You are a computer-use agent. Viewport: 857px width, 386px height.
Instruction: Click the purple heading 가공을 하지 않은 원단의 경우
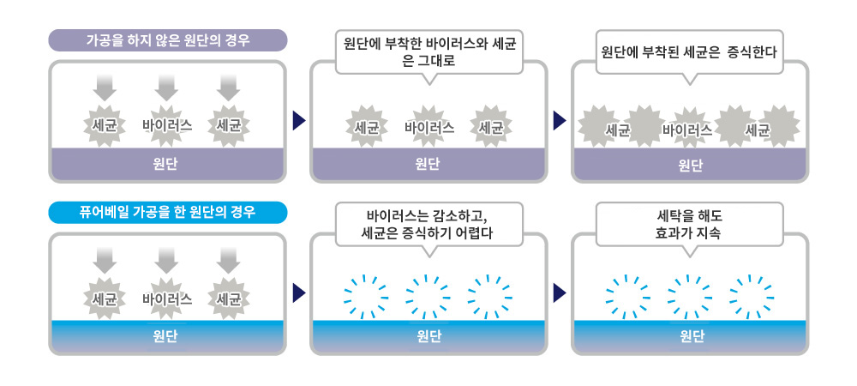click(x=168, y=40)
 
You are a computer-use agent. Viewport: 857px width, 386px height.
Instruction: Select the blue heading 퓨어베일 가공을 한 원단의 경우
click(x=168, y=213)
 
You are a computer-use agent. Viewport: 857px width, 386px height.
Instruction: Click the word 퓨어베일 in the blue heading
click(x=104, y=213)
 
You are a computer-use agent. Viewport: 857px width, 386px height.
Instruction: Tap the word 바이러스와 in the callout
click(x=443, y=43)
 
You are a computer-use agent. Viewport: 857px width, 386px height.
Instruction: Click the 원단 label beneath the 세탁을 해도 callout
click(x=690, y=337)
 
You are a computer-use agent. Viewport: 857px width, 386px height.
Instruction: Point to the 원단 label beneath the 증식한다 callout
click(x=690, y=165)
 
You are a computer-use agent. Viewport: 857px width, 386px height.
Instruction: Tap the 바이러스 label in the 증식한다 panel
click(x=687, y=130)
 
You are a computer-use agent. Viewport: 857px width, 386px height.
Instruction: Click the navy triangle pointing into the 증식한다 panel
click(x=560, y=120)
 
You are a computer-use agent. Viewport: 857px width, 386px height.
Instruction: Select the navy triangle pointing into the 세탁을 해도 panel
click(x=560, y=293)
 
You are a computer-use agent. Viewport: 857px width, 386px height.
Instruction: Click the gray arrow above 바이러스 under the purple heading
click(x=167, y=88)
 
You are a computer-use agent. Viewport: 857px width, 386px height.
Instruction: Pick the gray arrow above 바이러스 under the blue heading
click(x=167, y=261)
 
